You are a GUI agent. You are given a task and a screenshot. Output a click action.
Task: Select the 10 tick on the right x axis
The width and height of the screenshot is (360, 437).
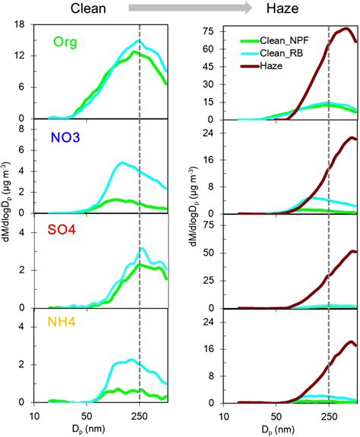[x=226, y=416]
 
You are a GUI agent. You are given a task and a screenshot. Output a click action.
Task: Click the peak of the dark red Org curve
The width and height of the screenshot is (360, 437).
[x=346, y=28]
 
